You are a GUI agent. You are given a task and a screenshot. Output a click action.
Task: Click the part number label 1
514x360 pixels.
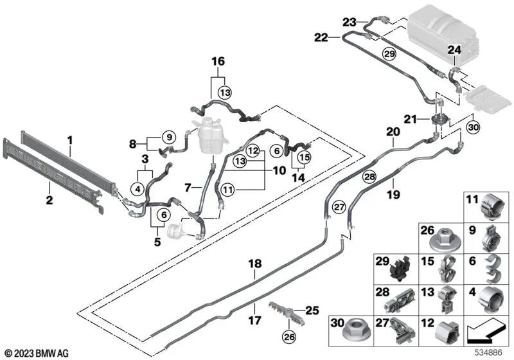click(x=70, y=139)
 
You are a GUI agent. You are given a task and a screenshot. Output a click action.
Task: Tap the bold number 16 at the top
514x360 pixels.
click(x=219, y=62)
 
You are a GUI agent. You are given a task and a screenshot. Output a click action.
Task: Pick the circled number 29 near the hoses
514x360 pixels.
click(x=388, y=53)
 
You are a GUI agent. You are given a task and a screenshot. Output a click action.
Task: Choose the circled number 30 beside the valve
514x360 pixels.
click(x=473, y=127)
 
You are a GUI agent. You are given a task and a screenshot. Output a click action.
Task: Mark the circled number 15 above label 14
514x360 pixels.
click(x=303, y=156)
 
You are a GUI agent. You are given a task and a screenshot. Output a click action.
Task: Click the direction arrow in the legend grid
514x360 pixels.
click(x=484, y=332)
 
